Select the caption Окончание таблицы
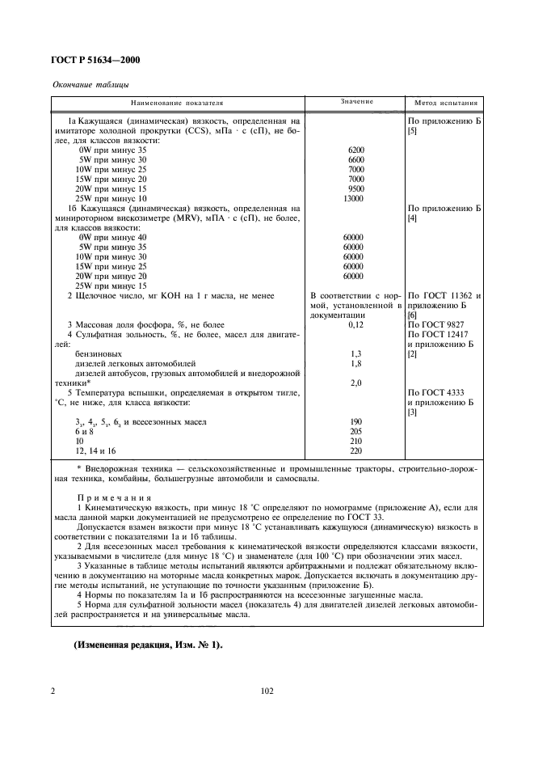pos(90,84)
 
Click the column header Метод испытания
pos(446,104)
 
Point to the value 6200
pos(355,150)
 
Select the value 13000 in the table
pos(354,197)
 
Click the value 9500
pos(355,188)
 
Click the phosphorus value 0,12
pos(355,324)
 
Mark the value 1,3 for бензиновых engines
pos(355,354)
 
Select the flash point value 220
pos(355,450)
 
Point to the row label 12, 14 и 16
pos(95,450)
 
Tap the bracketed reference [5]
pos(414,130)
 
